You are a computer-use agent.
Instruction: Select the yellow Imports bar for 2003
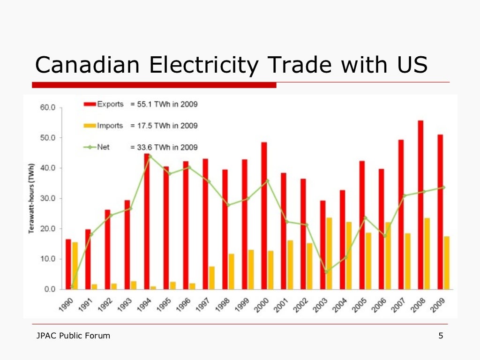tap(329, 253)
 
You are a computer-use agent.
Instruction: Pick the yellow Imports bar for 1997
tap(212, 277)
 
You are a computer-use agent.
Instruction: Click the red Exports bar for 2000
tap(264, 216)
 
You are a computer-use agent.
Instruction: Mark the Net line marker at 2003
tap(326, 271)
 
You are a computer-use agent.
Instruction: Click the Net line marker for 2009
tap(443, 187)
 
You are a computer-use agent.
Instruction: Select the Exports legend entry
tap(104, 104)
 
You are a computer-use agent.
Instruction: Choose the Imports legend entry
tap(104, 126)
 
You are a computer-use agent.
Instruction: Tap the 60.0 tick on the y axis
tap(46, 107)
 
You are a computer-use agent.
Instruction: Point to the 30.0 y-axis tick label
tap(46, 198)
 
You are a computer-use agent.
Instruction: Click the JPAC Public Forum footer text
tap(73, 336)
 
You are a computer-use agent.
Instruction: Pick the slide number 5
tap(441, 336)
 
